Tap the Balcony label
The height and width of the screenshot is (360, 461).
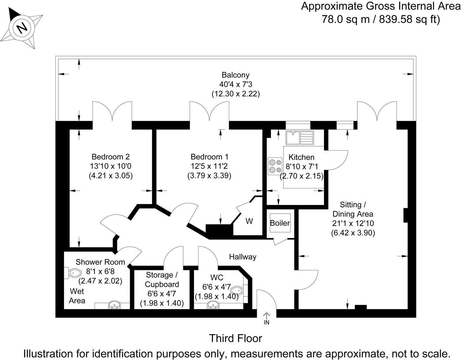[235, 75]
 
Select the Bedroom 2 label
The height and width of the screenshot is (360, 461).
[110, 157]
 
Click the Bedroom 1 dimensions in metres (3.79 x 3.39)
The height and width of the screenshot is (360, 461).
[209, 176]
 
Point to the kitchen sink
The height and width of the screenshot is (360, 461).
[299, 138]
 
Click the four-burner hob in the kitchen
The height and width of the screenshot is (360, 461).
[275, 166]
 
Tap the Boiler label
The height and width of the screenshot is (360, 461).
[280, 223]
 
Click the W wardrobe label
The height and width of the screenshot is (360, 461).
[249, 221]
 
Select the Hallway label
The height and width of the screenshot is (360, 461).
[243, 257]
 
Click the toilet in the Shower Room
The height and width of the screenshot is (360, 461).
[73, 273]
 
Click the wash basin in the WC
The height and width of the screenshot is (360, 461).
[214, 305]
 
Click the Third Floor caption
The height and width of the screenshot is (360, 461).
[235, 338]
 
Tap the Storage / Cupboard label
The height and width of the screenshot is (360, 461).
[162, 280]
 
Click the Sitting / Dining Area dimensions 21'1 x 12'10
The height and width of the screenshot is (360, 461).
[353, 223]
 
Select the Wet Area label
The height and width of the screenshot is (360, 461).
[77, 296]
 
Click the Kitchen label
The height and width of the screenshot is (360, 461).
[301, 157]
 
